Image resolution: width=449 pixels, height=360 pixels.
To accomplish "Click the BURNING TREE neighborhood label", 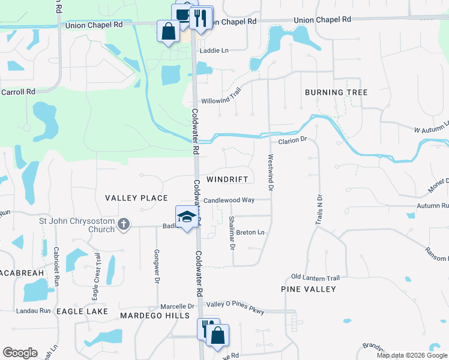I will click(x=336, y=92).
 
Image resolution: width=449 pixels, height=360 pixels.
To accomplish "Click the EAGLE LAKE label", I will click(x=82, y=311).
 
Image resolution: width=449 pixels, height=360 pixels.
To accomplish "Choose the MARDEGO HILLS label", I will click(x=146, y=316).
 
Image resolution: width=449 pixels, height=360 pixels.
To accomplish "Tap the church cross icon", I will click(x=123, y=224).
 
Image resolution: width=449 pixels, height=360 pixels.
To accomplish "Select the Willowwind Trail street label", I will click(x=221, y=101).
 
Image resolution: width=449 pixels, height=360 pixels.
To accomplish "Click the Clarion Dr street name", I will click(x=292, y=140).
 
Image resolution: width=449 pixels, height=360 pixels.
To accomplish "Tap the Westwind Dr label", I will click(x=271, y=173).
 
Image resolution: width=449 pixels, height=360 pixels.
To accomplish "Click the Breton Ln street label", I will click(x=250, y=232).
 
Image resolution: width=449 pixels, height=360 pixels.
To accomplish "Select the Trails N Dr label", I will click(x=319, y=209).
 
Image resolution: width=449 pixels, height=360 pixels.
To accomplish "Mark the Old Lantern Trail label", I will click(x=315, y=277).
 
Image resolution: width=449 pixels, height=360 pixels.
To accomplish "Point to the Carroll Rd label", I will click(x=18, y=92).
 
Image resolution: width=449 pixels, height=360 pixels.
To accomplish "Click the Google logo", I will click(x=20, y=353).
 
